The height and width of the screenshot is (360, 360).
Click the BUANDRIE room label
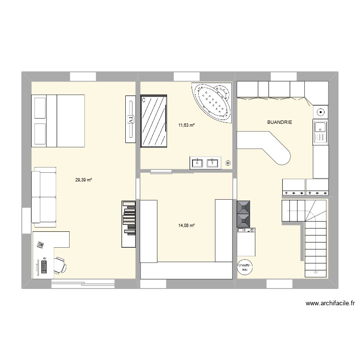279,122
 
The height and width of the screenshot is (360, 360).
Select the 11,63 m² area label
186,125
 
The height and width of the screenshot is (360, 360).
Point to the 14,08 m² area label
186,225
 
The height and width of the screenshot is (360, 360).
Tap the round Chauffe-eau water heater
245,268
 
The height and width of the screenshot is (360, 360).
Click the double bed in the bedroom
58,120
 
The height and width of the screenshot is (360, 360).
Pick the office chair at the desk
60,264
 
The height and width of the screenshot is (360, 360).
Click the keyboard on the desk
44,265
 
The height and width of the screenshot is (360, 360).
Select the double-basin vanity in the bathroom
205,163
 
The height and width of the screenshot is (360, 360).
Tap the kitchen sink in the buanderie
320,132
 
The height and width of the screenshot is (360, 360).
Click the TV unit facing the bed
130,119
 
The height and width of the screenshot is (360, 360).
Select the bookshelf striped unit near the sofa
128,224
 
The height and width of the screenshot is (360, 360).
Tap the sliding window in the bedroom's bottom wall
83,284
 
